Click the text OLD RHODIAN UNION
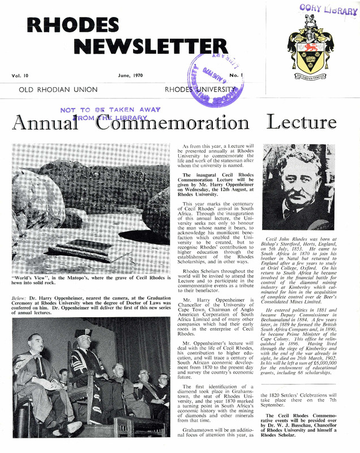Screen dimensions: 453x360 tap(58, 89)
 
